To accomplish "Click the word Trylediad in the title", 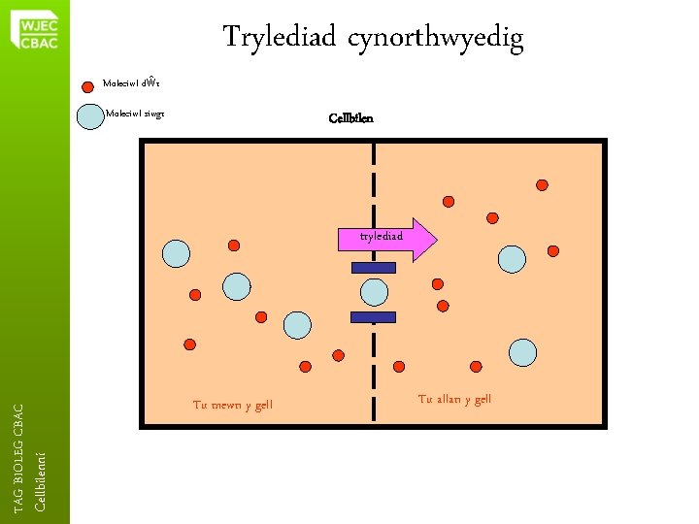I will coord(277,38).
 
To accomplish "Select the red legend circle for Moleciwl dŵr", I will coord(88,84).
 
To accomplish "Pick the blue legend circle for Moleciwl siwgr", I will coord(89,115).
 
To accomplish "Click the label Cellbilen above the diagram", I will coord(350,118).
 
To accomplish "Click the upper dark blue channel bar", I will coord(373,268).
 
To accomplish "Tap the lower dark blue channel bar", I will coord(373,316).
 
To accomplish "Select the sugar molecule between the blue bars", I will coord(374,291).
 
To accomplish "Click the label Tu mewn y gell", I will coord(233,405).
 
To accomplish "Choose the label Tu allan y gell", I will coord(454,399).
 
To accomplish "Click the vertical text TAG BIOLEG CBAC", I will coord(18,458).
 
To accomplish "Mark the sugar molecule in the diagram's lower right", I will coord(523,352).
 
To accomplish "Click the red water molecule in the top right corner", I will coord(542,184).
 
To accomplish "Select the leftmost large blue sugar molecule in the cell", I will coord(176,253).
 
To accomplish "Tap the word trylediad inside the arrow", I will coord(382,236).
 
